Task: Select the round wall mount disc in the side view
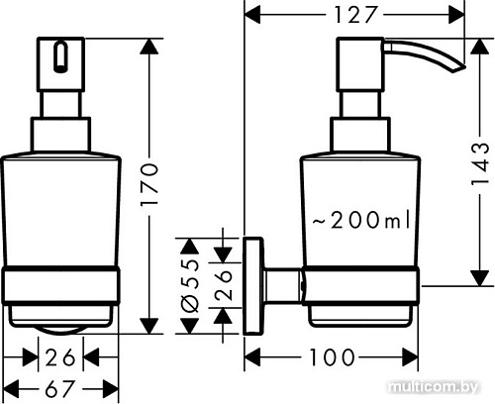coord(253,286)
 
